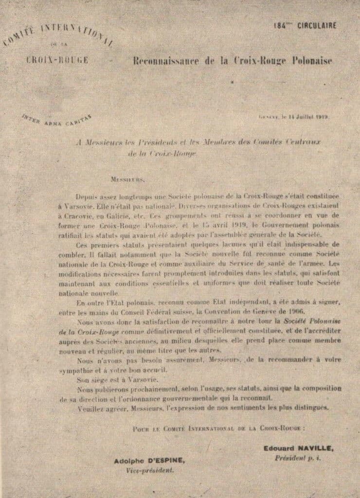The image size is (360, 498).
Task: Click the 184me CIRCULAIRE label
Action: (x=304, y=26)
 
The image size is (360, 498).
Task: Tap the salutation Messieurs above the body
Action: (x=127, y=179)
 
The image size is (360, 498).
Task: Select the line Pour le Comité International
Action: (x=218, y=428)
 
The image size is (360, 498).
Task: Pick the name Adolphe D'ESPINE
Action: (x=149, y=461)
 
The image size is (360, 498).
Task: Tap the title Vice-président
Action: (x=149, y=471)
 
